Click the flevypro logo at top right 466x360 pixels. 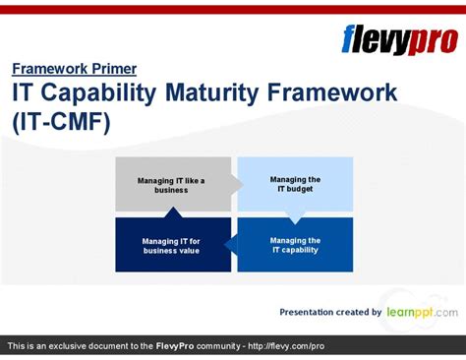click(x=399, y=39)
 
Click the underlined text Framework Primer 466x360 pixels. click(x=74, y=69)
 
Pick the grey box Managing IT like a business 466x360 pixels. click(x=171, y=185)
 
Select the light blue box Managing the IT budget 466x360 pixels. click(x=295, y=185)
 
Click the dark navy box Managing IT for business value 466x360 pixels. click(x=171, y=245)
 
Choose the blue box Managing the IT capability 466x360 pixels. click(x=295, y=245)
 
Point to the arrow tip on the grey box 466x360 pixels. click(x=239, y=184)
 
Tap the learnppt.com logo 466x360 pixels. click(x=421, y=312)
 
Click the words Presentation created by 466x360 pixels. click(x=330, y=312)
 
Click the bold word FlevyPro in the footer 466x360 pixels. click(x=180, y=346)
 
